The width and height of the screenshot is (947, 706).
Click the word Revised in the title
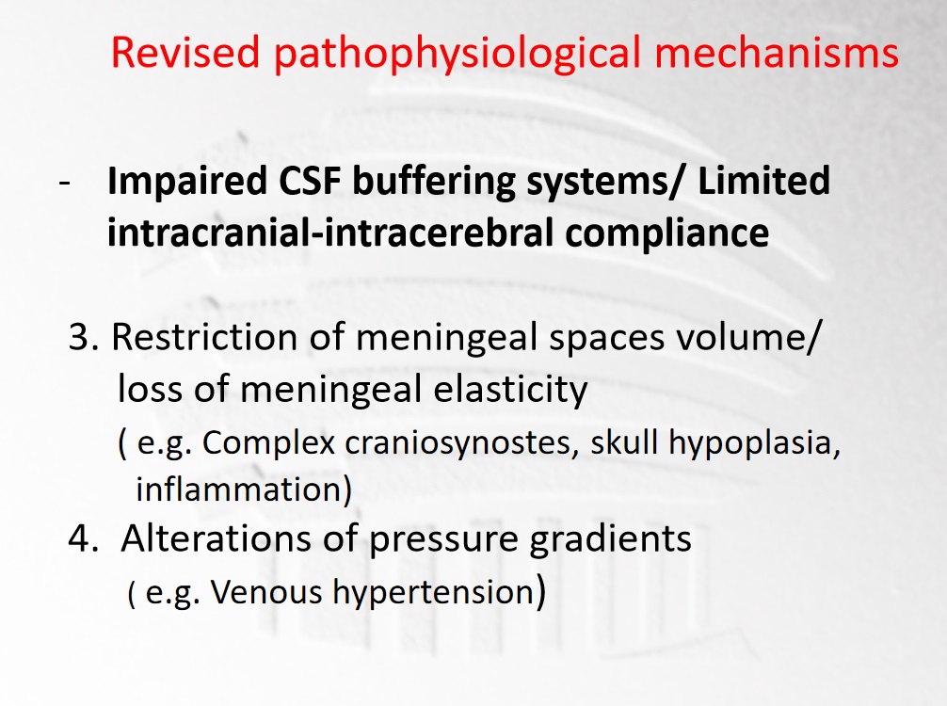[x=186, y=52]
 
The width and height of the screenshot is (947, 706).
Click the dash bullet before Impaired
[x=65, y=183]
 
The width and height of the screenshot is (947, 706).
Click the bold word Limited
[x=763, y=180]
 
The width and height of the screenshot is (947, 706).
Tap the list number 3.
[x=84, y=337]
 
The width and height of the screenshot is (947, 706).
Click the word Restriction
[x=205, y=337]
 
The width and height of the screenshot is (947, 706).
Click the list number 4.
[x=84, y=538]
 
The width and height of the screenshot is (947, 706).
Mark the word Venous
[x=266, y=592]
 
